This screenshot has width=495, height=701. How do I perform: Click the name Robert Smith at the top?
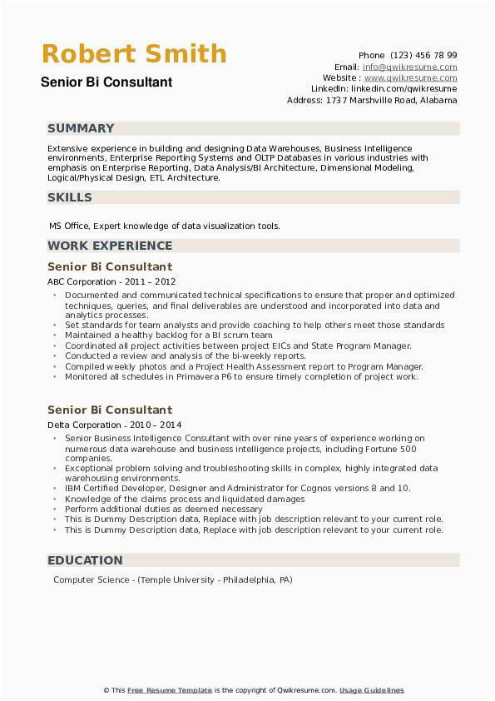click(134, 54)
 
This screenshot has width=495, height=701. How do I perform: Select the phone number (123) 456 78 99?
click(422, 55)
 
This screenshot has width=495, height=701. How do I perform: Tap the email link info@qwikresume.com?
click(421, 67)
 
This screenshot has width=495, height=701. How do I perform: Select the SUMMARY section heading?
click(81, 128)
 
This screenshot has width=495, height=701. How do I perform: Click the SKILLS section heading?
click(70, 197)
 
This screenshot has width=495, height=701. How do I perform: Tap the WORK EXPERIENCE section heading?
click(110, 246)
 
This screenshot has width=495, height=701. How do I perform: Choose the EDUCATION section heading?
click(85, 560)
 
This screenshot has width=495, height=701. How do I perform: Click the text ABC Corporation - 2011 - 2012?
click(111, 282)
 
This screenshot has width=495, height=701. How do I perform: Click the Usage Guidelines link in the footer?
click(371, 690)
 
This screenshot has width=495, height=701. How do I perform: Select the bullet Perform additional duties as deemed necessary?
click(163, 509)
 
